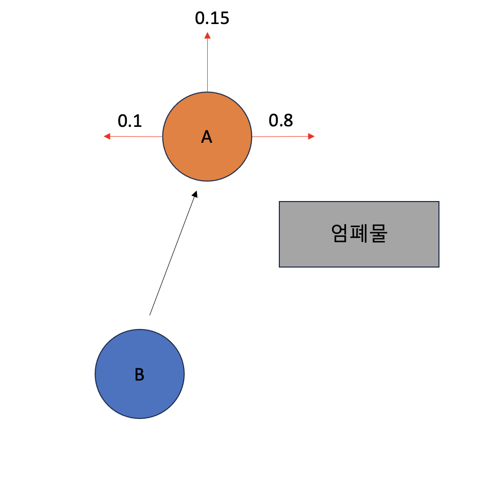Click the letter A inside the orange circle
coord(207,137)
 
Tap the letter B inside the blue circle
coord(139,375)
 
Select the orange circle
coord(225,159)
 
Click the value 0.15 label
coord(212,18)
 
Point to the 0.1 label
coord(130,121)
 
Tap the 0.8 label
coord(281,121)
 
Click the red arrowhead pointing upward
coord(207,35)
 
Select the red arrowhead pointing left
coord(107,136)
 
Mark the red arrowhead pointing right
coord(312,136)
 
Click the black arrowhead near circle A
coord(194,194)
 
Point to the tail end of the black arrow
coord(150,314)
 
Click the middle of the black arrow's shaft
coord(172,254)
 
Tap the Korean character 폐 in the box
coord(359,234)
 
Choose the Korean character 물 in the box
coord(378,234)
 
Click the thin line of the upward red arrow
coord(207,64)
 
